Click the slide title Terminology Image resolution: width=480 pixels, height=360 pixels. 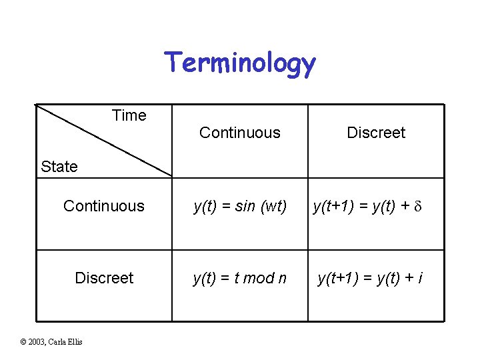point(240,63)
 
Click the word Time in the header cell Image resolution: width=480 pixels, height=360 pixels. point(129,115)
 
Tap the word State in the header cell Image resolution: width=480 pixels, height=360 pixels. point(59,167)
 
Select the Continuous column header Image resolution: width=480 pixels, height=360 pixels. point(240,133)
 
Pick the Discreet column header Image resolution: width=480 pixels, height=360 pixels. point(376,133)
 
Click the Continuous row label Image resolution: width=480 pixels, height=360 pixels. point(104,206)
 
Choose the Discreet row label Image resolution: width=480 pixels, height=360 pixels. point(104,278)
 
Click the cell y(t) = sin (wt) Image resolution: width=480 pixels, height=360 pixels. point(240,207)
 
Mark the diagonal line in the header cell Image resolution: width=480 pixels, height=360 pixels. point(103,141)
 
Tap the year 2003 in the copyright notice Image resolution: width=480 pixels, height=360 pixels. point(37,342)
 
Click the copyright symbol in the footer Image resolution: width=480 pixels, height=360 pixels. point(23,342)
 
